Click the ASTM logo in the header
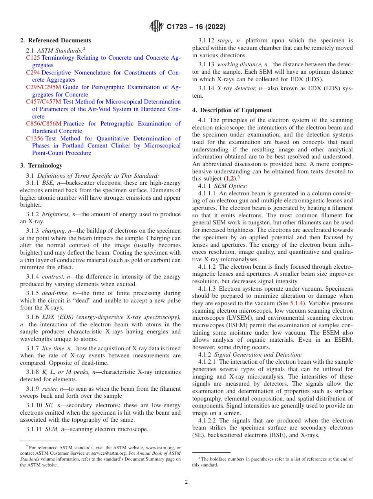(157, 26)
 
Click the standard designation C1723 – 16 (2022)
(196, 27)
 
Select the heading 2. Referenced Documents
(56, 40)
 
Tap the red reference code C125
(33, 58)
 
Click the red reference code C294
(33, 73)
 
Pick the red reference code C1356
(35, 138)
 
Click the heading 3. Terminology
(41, 166)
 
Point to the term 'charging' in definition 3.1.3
(54, 231)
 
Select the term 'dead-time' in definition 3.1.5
(55, 293)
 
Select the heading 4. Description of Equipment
(232, 110)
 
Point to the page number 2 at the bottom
(186, 482)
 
